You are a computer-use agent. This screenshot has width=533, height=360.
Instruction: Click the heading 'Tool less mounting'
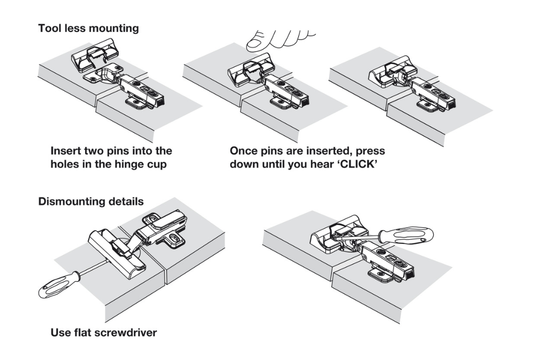click(x=88, y=28)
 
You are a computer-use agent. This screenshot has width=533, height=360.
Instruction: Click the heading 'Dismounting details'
click(x=91, y=201)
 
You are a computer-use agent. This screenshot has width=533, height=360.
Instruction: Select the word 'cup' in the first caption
click(x=157, y=165)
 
